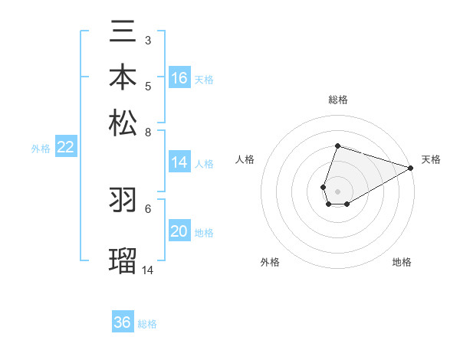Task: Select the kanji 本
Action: tap(123, 79)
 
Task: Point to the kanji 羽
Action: tap(123, 201)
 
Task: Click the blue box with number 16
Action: tap(179, 78)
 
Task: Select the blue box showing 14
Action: tap(179, 162)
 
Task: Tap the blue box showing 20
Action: tap(179, 232)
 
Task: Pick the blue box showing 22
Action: tap(65, 148)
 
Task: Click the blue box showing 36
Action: tap(123, 322)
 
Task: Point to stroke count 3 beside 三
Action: tap(147, 40)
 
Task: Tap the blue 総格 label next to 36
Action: tap(147, 324)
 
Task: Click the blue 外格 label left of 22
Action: tap(40, 149)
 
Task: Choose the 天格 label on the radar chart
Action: tap(431, 159)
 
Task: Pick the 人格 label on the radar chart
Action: tap(245, 159)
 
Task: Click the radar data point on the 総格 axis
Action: tap(337, 146)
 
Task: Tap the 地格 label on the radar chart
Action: tap(402, 262)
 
